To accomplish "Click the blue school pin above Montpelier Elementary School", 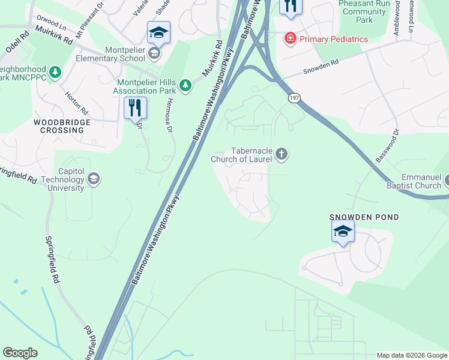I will pyautogui.click(x=158, y=32).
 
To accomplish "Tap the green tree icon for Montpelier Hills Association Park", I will pyautogui.click(x=186, y=85).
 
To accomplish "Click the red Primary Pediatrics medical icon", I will pyautogui.click(x=291, y=38).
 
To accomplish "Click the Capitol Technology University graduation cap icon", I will pyautogui.click(x=93, y=178).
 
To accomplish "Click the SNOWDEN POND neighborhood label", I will pyautogui.click(x=364, y=217).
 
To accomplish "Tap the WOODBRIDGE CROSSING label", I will pyautogui.click(x=62, y=126).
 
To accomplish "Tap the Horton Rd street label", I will pyautogui.click(x=77, y=103).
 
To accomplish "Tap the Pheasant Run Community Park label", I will pyautogui.click(x=363, y=11).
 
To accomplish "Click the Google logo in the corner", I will pyautogui.click(x=20, y=353).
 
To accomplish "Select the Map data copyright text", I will pyautogui.click(x=412, y=355).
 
